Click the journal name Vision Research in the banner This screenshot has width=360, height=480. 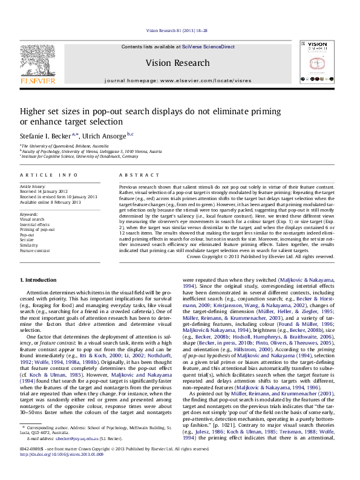click(x=180, y=63)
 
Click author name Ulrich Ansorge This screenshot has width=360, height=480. click(x=112, y=135)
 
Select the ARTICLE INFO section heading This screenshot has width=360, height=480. click(x=49, y=175)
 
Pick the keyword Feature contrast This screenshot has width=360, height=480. click(x=36, y=250)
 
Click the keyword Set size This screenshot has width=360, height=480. click(x=27, y=240)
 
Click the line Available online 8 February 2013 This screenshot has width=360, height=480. click(x=50, y=202)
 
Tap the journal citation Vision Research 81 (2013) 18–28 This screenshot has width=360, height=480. click(x=179, y=30)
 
